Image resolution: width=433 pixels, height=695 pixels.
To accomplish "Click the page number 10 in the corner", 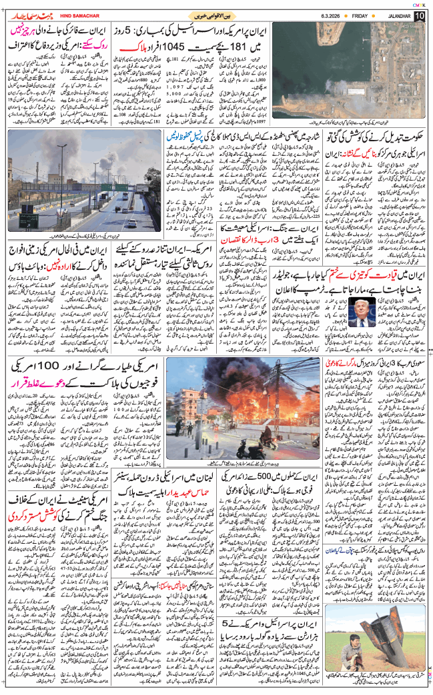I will tap(418, 15).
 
